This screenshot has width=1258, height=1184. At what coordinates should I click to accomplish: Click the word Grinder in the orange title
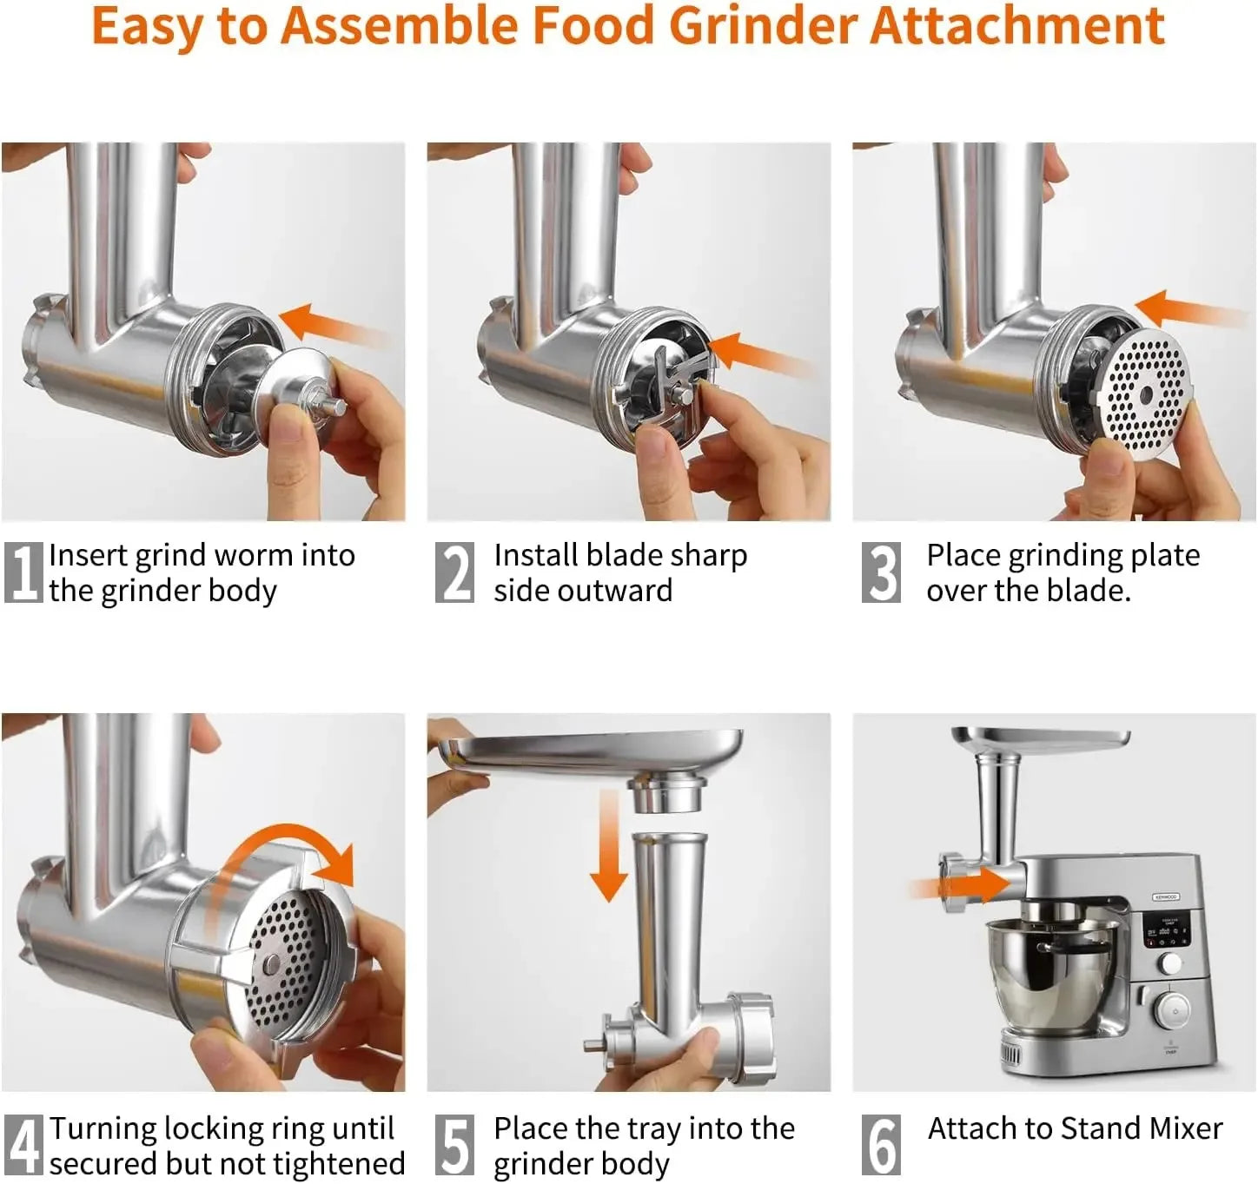(x=764, y=26)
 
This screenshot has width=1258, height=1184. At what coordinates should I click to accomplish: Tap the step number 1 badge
(x=23, y=572)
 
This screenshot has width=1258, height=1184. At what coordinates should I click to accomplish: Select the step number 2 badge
(x=454, y=572)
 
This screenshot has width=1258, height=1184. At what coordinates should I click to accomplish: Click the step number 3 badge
(x=881, y=572)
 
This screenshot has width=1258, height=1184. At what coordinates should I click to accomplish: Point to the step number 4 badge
(x=23, y=1145)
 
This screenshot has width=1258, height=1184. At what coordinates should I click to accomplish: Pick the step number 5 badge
(x=454, y=1145)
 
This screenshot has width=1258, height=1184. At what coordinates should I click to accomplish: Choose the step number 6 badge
(x=881, y=1145)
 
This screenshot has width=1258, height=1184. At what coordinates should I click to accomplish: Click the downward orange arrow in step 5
(x=608, y=851)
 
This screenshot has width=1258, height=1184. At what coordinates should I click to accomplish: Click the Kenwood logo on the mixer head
(x=1165, y=896)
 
